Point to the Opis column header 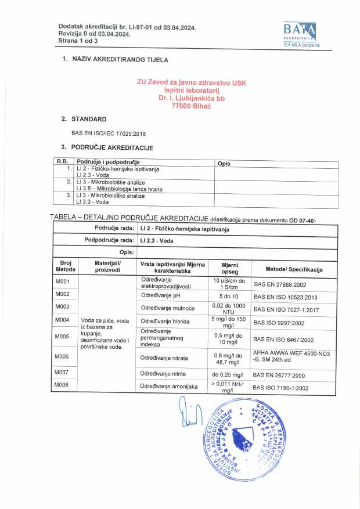pos(224,164)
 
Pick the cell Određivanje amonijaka pos(170,386)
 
